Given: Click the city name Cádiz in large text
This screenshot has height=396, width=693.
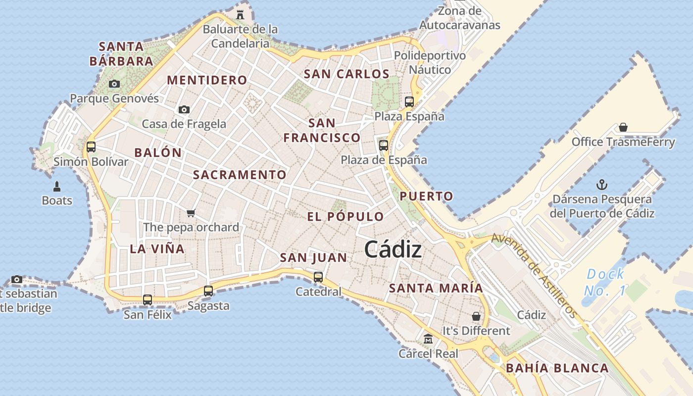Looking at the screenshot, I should click(x=393, y=250).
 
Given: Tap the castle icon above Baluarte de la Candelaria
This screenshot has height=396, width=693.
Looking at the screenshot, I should click(x=240, y=14).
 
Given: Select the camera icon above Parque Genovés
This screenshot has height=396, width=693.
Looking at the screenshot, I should click(x=114, y=84).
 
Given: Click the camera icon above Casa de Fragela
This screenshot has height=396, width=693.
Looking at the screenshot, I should click(x=184, y=109).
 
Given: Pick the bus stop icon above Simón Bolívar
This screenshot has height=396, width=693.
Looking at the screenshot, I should click(x=91, y=147).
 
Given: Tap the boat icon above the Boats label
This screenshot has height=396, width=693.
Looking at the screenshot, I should click(x=56, y=186).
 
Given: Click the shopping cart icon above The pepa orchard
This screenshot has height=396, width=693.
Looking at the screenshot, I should click(x=191, y=213).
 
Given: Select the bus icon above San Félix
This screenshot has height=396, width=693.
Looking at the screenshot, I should click(x=148, y=299).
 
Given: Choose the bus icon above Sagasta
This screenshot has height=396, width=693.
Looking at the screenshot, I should click(x=208, y=291).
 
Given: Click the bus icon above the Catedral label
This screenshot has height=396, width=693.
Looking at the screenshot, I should click(x=318, y=277).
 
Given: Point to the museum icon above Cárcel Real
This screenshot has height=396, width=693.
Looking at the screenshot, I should click(x=428, y=339).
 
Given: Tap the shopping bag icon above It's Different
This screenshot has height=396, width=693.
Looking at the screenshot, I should click(x=476, y=316).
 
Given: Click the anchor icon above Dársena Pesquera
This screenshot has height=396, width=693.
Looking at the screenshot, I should click(x=602, y=185).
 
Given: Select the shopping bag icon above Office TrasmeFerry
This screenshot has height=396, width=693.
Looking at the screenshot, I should click(x=623, y=127).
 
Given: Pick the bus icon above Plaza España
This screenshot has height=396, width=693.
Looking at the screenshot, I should click(x=409, y=102).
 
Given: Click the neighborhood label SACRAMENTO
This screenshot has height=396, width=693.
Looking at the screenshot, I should click(x=240, y=175).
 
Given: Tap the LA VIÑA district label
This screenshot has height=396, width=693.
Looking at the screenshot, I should click(x=157, y=248).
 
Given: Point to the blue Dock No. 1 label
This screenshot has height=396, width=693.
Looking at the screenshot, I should click(x=605, y=282).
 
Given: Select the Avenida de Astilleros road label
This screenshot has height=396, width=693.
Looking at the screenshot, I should click(x=535, y=276).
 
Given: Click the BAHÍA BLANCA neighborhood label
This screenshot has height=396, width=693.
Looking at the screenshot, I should click(x=557, y=368).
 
